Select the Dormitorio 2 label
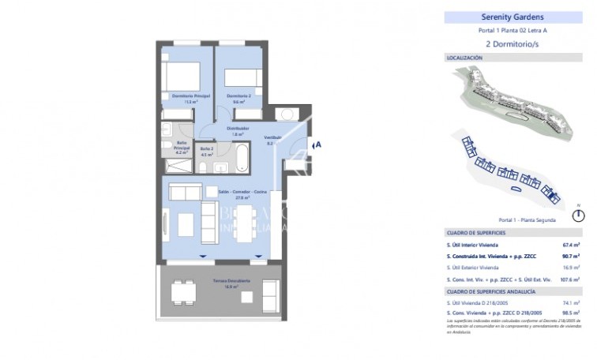coord(239,97)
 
